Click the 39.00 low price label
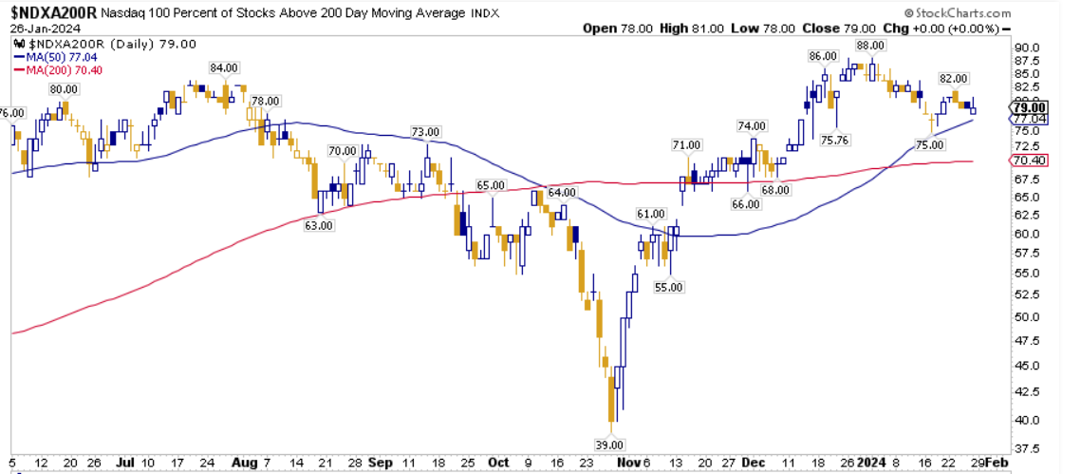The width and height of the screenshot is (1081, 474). click(608, 445)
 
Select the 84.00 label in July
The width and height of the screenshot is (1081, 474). click(223, 68)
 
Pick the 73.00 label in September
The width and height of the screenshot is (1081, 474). click(425, 131)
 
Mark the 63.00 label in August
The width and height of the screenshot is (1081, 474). click(320, 225)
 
